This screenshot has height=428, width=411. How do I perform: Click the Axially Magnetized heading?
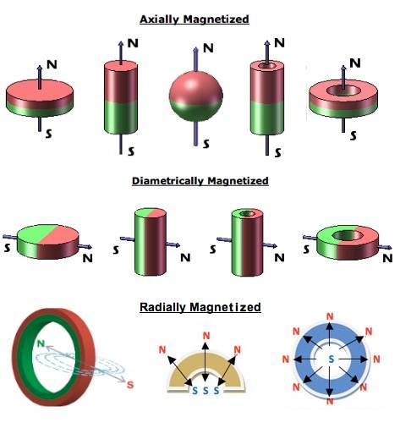(195, 19)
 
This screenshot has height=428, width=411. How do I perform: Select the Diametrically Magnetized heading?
(200, 181)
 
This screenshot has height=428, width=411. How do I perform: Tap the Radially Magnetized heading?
(200, 307)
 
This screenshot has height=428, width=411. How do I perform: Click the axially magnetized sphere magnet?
(196, 96)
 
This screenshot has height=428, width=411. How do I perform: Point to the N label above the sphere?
(208, 48)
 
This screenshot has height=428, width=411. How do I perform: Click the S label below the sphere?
(206, 144)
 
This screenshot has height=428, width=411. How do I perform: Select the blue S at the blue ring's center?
(332, 359)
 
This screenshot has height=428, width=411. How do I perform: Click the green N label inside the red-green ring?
(41, 343)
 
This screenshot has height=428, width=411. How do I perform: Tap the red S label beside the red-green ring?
(130, 385)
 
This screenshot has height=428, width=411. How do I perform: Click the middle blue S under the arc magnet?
(205, 391)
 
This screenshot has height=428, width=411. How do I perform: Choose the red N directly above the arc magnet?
(206, 336)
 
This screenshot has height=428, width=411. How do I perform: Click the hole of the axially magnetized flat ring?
(343, 91)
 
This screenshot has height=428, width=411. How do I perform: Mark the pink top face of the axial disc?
(40, 91)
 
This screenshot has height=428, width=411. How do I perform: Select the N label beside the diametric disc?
(88, 258)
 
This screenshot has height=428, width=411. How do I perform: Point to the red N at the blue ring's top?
(330, 316)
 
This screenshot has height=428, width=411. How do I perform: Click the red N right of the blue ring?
(376, 359)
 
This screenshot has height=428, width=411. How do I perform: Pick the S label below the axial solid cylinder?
(131, 151)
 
